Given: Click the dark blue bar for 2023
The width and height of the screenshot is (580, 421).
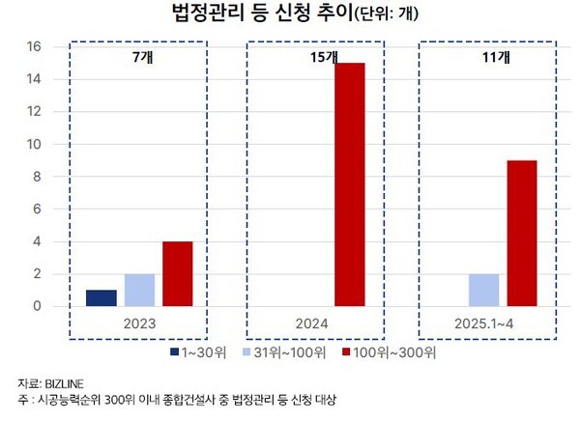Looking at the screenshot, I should pos(101,298).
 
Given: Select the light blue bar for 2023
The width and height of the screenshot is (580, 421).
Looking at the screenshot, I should pos(139,291).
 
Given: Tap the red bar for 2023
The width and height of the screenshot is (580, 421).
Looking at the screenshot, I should pos(177,274).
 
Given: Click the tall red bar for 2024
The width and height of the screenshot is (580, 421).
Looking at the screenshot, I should pos(350,184).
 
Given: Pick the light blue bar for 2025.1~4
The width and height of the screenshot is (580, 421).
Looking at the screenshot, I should pos(482,291).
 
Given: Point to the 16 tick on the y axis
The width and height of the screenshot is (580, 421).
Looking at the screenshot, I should pos(31,46).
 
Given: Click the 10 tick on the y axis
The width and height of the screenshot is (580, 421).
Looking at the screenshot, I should pos(31,145).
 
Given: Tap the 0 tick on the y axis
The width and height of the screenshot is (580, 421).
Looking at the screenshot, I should pos(35,307).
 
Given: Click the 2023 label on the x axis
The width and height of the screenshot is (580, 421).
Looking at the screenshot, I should pos(139,324).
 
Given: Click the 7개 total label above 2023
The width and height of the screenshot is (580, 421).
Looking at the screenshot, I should pos(139,58).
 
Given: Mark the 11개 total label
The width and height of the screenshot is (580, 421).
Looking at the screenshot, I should pos(495,58).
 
